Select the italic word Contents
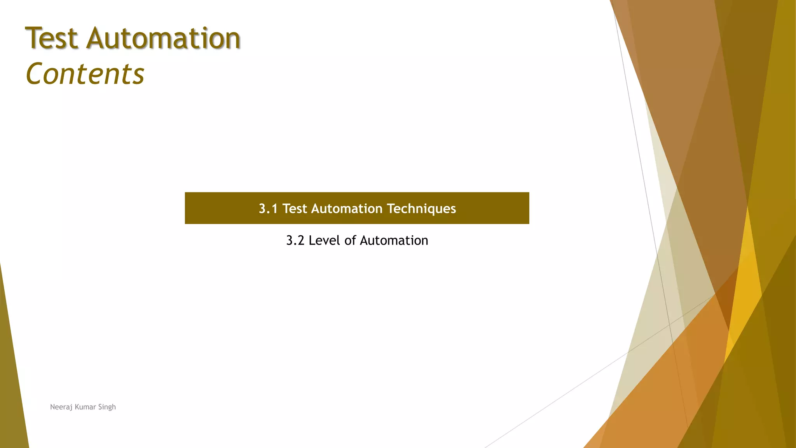tap(85, 74)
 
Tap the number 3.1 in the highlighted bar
tap(268, 209)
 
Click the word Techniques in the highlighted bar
tap(421, 209)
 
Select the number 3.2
tap(295, 241)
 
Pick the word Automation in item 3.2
tap(394, 241)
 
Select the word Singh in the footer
tap(107, 407)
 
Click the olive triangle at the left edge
tap(12, 389)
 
